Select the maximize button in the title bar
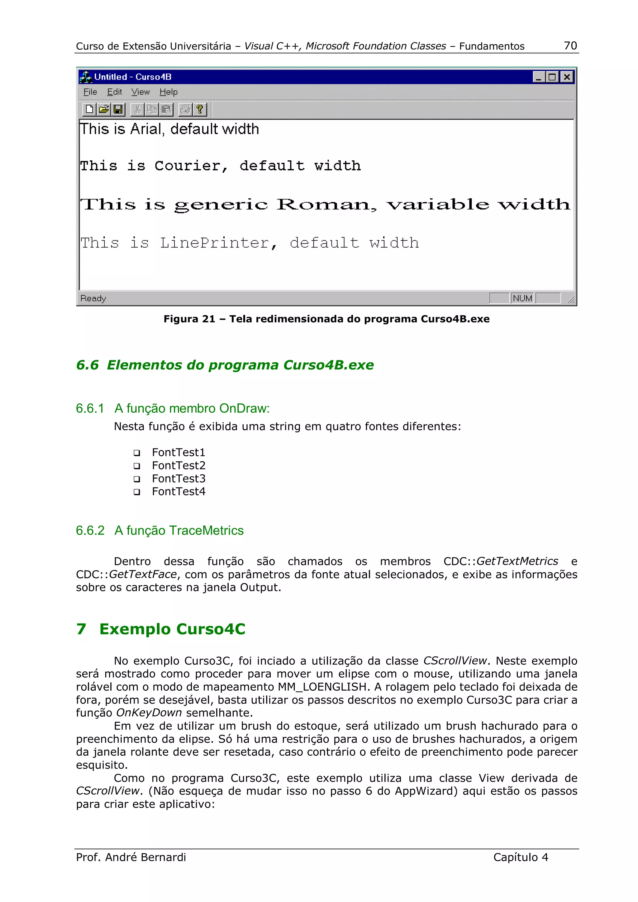(552, 77)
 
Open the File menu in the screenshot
(90, 92)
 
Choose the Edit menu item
(114, 92)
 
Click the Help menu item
(168, 92)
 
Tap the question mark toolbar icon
(200, 109)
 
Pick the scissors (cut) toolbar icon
(137, 109)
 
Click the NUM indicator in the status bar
(522, 298)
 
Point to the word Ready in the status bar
(93, 298)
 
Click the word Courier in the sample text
(191, 166)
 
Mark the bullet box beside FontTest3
(137, 479)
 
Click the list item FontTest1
(179, 453)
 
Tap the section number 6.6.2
(90, 530)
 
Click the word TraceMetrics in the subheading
(206, 530)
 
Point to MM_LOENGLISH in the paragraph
(322, 687)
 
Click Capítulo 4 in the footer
(521, 857)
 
